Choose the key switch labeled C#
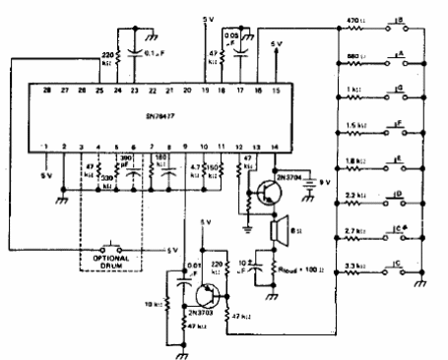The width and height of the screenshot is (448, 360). [400, 231]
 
